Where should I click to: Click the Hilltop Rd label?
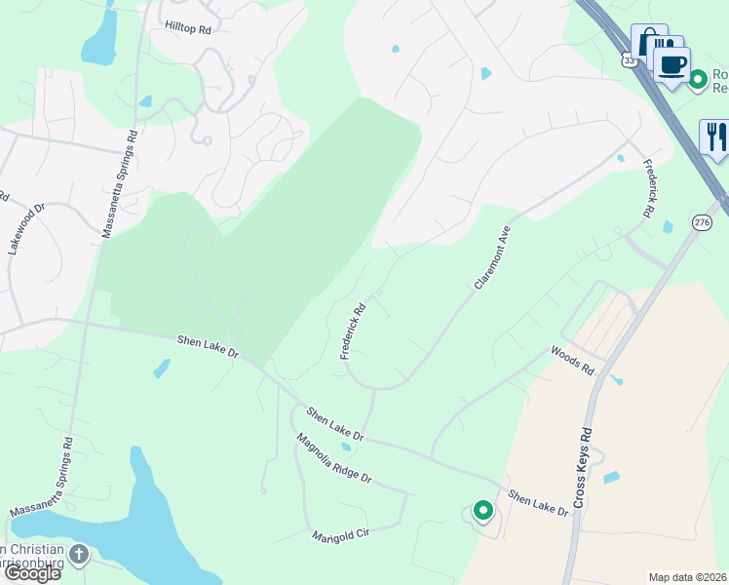click(x=188, y=29)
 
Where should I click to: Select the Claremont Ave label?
click(x=492, y=257)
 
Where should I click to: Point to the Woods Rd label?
click(x=572, y=360)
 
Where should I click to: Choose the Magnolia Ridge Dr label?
click(x=334, y=459)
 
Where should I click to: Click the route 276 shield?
click(x=702, y=222)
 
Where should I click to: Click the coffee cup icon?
click(x=671, y=65)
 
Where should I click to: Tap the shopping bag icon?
click(x=647, y=42)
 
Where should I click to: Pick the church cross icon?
click(x=78, y=555)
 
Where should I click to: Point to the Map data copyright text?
click(x=688, y=577)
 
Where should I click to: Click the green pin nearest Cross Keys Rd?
click(x=482, y=510)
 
